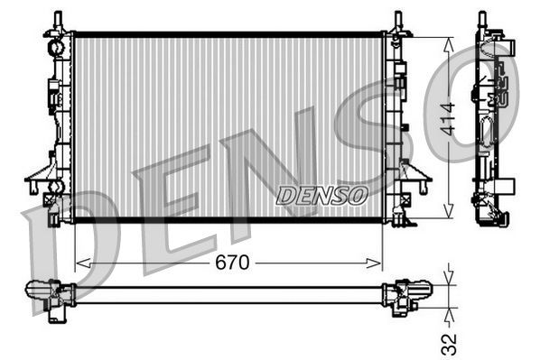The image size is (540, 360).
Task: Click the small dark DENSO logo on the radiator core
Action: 321,194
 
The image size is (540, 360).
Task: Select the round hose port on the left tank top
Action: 55,44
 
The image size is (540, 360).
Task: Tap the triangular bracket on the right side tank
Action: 416,172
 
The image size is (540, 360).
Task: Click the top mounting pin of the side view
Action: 482,19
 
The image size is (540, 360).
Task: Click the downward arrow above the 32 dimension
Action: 448,275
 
